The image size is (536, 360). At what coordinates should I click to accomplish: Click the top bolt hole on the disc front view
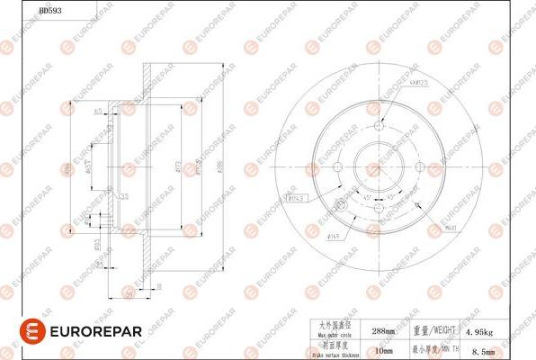[379, 126]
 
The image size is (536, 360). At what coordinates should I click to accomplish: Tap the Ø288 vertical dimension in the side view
[219, 167]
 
